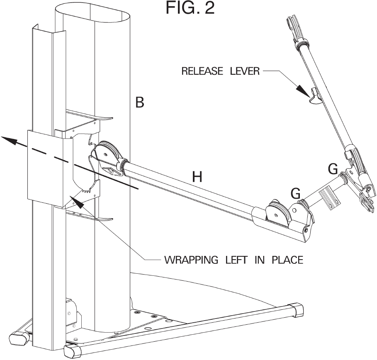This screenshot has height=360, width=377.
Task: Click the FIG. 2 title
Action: pyautogui.click(x=190, y=8)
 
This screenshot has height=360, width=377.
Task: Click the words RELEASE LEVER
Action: pyautogui.click(x=220, y=71)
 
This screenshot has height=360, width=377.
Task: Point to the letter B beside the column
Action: pyautogui.click(x=140, y=102)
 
